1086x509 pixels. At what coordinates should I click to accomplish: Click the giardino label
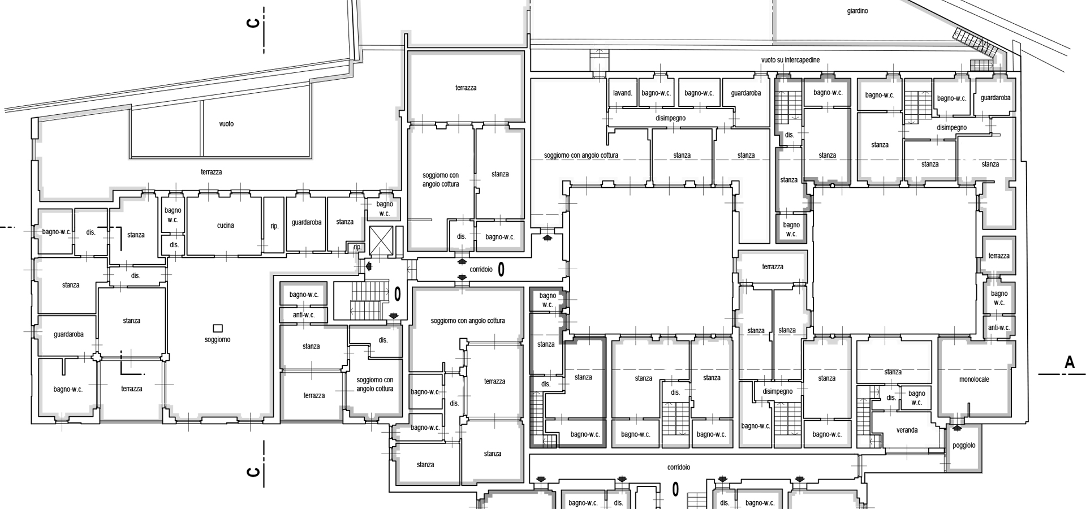pyautogui.click(x=857, y=11)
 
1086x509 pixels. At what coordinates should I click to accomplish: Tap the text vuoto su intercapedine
pyautogui.click(x=790, y=60)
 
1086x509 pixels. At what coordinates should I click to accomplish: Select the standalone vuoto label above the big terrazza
pyautogui.click(x=226, y=124)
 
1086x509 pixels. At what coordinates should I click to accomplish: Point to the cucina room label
pyautogui.click(x=225, y=226)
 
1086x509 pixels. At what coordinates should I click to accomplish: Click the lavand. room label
pyautogui.click(x=623, y=93)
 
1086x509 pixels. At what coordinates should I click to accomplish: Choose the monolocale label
pyautogui.click(x=975, y=379)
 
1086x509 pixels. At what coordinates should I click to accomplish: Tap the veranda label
pyautogui.click(x=907, y=430)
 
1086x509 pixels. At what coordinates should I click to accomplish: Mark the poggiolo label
pyautogui.click(x=964, y=446)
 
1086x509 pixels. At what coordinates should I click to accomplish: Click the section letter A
pyautogui.click(x=1069, y=363)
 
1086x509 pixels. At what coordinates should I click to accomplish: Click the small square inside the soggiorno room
pyautogui.click(x=218, y=328)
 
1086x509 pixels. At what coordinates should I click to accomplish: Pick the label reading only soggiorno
pyautogui.click(x=218, y=340)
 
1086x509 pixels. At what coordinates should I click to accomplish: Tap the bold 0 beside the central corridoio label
pyautogui.click(x=501, y=270)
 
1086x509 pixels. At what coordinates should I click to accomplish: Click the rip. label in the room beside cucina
pyautogui.click(x=274, y=226)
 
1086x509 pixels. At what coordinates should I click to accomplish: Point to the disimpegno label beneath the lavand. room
pyautogui.click(x=671, y=118)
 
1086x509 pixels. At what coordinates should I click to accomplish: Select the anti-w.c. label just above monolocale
pyautogui.click(x=999, y=327)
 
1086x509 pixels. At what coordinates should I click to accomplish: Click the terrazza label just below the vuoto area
pyautogui.click(x=211, y=172)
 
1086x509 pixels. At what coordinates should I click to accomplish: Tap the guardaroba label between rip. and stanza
pyautogui.click(x=307, y=222)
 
